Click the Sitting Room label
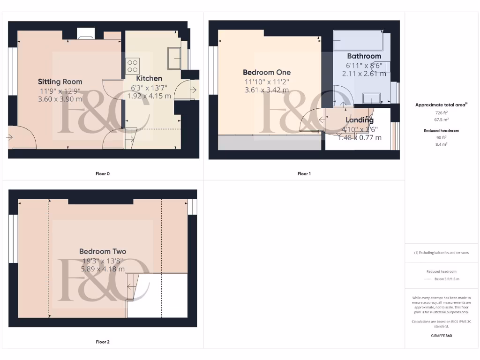tap(60, 82)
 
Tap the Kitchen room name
tap(149, 78)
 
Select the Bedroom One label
tap(267, 72)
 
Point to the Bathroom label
tap(364, 56)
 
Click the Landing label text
tap(360, 120)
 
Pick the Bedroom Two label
tap(103, 251)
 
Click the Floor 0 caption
tap(103, 173)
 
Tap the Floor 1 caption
tap(304, 173)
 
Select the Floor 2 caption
tap(103, 342)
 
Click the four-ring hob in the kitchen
tap(132, 65)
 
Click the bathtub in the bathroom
tap(358, 41)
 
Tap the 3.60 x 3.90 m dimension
tap(60, 99)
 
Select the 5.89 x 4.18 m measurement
tap(103, 269)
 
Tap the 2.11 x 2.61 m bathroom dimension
tap(364, 74)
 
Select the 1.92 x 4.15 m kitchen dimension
tap(149, 96)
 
